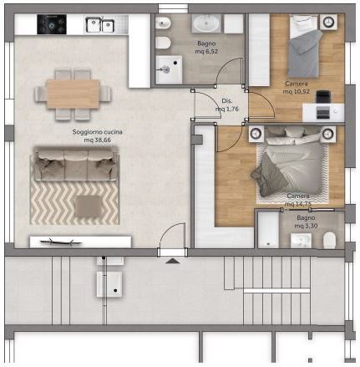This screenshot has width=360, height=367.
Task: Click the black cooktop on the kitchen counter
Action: (x=52, y=24)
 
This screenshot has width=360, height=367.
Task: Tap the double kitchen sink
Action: (x=99, y=25)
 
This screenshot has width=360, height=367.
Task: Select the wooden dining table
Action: (x=73, y=94)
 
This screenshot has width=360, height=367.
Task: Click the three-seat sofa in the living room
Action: (x=75, y=164)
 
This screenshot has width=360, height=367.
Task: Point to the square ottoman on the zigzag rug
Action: (x=89, y=206)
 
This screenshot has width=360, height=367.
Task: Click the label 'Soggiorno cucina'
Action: (x=97, y=132)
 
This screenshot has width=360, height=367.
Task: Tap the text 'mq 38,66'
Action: (x=98, y=140)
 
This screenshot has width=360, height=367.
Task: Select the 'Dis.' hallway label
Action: (x=227, y=101)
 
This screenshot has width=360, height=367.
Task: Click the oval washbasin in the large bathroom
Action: (x=206, y=23)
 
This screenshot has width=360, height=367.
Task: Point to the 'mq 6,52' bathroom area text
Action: (x=206, y=51)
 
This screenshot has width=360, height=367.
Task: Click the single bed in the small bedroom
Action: (x=304, y=46)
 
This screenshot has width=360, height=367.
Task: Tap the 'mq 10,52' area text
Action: (x=297, y=91)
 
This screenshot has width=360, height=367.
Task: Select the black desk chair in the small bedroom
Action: (x=323, y=98)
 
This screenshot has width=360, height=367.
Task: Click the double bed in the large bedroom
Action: (x=293, y=162)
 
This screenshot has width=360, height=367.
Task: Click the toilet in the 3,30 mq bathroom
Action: (x=329, y=240)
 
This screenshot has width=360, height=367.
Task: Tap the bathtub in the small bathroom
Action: (x=268, y=230)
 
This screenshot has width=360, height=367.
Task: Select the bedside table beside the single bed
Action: (x=328, y=22)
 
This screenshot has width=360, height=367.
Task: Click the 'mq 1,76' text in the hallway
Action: (x=227, y=109)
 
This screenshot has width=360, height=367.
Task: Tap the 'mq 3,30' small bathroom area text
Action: (x=306, y=226)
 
